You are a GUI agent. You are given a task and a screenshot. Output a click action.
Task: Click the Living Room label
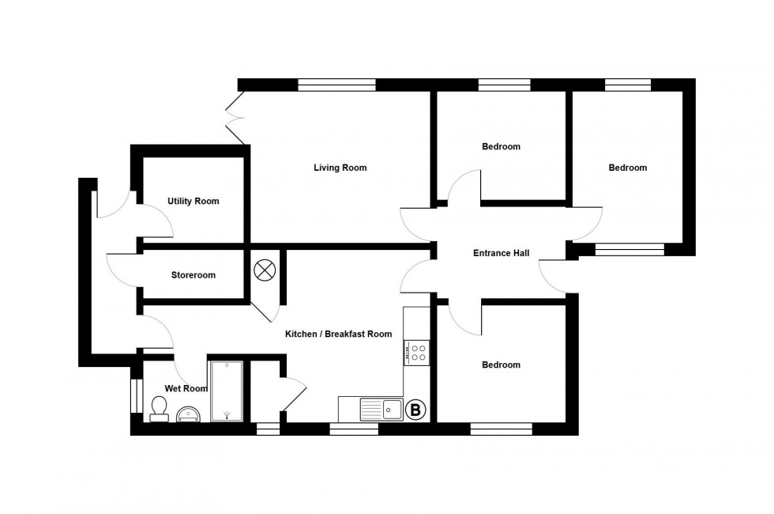click(x=340, y=168)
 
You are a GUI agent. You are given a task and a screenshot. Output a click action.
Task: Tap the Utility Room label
click(x=193, y=202)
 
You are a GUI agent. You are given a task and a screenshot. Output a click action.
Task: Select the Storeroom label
click(x=193, y=275)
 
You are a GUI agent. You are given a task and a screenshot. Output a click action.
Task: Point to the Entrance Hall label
click(x=501, y=254)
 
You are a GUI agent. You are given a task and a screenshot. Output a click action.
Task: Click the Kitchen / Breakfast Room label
click(x=338, y=334)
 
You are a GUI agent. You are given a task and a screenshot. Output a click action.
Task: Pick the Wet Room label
click(x=186, y=388)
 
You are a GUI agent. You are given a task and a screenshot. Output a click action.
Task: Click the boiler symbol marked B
click(x=415, y=410)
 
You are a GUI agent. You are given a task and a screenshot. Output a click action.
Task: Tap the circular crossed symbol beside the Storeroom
click(x=263, y=270)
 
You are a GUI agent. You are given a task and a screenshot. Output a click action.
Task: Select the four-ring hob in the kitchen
click(x=416, y=352)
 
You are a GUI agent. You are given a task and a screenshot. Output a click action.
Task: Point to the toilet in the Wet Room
click(x=159, y=408)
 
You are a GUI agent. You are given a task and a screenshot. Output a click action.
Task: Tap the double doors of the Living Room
click(x=235, y=119)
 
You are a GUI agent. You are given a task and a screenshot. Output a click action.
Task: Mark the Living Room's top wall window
click(x=336, y=85)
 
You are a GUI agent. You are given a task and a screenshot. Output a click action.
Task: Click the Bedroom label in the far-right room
click(x=627, y=168)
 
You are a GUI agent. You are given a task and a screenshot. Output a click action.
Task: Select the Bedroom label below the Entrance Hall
click(x=501, y=365)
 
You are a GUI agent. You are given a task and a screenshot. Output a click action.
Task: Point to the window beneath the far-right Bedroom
click(x=629, y=251)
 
